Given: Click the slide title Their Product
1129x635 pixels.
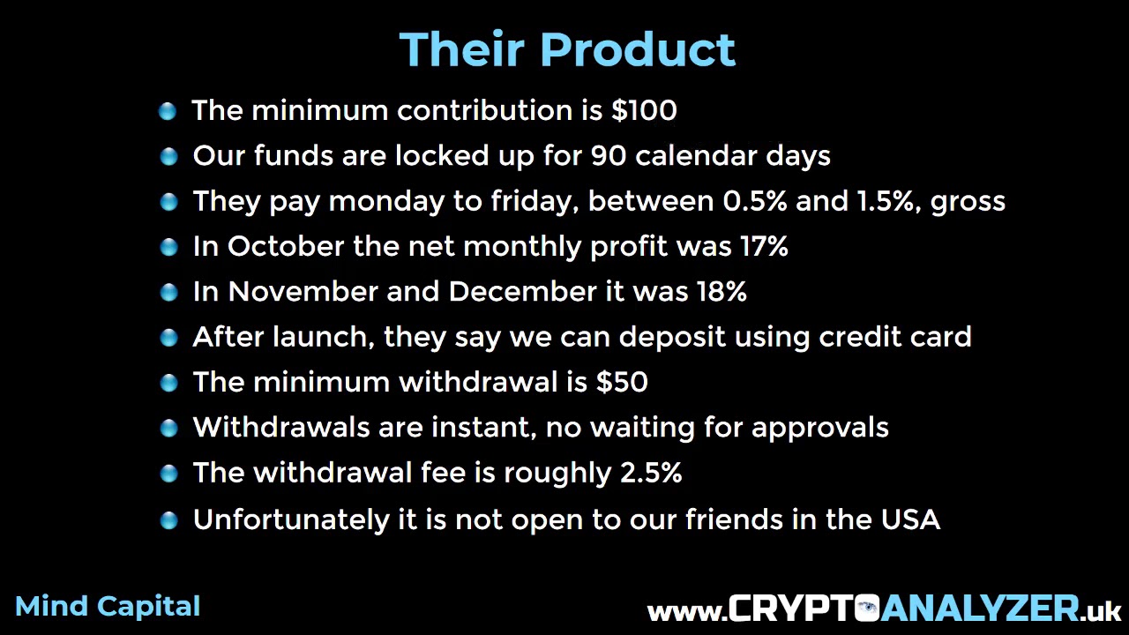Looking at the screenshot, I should pyautogui.click(x=567, y=49).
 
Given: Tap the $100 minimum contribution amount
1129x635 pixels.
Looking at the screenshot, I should pyautogui.click(x=644, y=110).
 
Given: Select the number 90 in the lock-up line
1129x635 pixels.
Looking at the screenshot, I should pyautogui.click(x=609, y=156).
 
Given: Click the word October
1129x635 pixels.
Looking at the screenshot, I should pyautogui.click(x=286, y=247).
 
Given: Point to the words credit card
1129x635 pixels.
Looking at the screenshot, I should pyautogui.click(x=895, y=337).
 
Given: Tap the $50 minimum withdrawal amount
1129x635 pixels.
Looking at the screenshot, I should pyautogui.click(x=622, y=382).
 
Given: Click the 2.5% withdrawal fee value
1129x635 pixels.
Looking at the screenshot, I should pyautogui.click(x=651, y=473).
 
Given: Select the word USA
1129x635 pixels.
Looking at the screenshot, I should pyautogui.click(x=910, y=519).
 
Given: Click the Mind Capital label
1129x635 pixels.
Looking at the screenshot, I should pyautogui.click(x=108, y=607).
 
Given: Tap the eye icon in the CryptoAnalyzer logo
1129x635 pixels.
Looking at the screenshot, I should pyautogui.click(x=868, y=609).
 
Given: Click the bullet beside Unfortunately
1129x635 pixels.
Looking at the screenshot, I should pyautogui.click(x=168, y=520).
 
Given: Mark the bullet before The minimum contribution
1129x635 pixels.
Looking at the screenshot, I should pyautogui.click(x=168, y=111).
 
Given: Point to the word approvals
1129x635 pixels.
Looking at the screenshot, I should pyautogui.click(x=819, y=429).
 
